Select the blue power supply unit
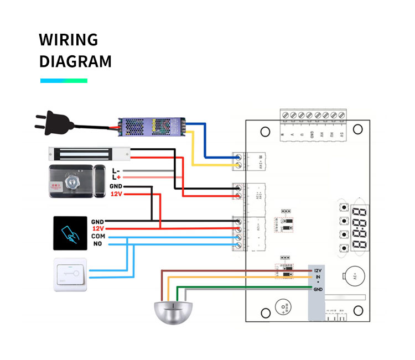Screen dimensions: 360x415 pyautogui.click(x=152, y=126)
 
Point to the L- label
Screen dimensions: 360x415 pyautogui.click(x=116, y=170)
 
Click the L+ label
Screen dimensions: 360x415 pyautogui.click(x=116, y=177)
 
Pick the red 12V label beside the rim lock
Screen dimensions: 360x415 pyautogui.click(x=116, y=195)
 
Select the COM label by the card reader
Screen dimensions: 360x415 pyautogui.click(x=97, y=236)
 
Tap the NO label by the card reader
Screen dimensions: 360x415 pyautogui.click(x=97, y=244)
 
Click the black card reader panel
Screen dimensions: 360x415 pyautogui.click(x=69, y=232)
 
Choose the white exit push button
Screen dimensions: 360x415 pyautogui.click(x=70, y=274)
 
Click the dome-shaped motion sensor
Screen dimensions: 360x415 pyautogui.click(x=174, y=312)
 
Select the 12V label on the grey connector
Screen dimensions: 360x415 pyautogui.click(x=318, y=270)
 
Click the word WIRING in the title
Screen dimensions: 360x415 pyautogui.click(x=68, y=40)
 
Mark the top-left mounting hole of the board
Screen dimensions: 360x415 pyautogui.click(x=265, y=132)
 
